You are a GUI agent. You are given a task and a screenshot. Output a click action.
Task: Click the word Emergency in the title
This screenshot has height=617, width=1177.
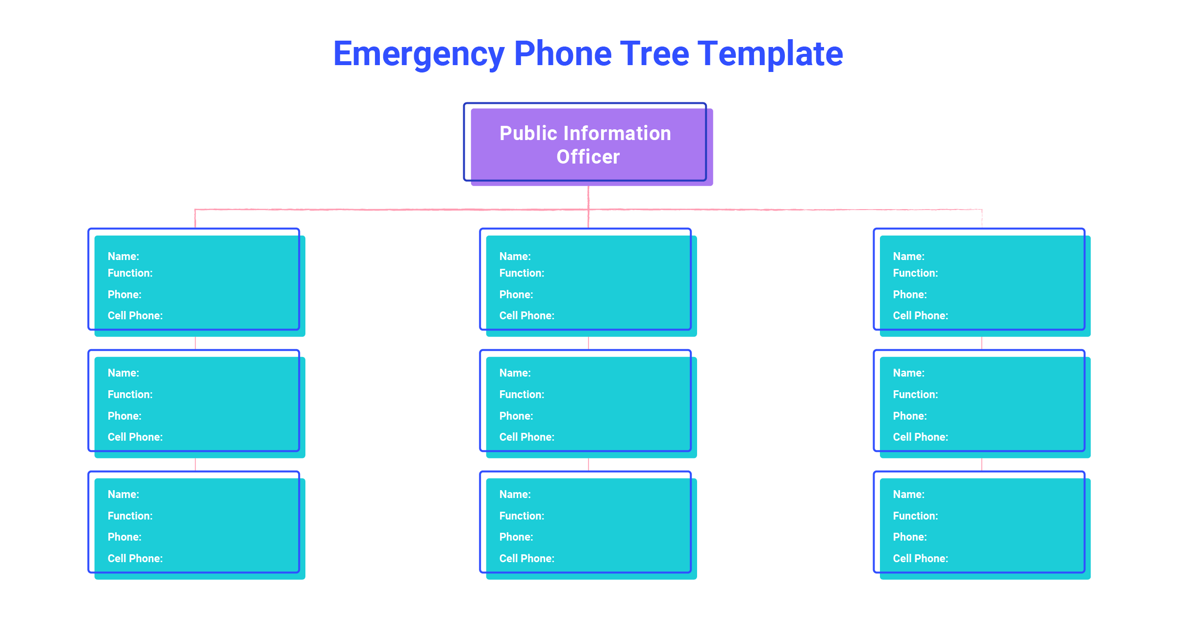click(419, 54)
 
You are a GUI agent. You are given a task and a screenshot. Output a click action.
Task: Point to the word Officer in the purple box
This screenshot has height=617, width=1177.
click(588, 157)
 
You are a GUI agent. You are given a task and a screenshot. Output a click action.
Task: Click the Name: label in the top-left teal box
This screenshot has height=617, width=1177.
click(124, 256)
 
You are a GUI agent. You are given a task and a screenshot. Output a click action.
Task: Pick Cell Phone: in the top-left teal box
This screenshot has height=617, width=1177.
click(135, 315)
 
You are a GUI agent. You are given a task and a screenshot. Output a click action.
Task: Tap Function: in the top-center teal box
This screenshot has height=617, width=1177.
click(522, 273)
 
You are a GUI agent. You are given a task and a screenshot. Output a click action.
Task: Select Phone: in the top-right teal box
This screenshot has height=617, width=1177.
click(910, 294)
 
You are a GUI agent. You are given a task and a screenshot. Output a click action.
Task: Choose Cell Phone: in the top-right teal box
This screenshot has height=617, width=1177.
click(921, 315)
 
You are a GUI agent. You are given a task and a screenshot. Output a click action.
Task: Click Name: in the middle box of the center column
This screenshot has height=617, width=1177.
click(515, 373)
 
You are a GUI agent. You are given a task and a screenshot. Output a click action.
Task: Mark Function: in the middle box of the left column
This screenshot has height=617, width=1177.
click(130, 394)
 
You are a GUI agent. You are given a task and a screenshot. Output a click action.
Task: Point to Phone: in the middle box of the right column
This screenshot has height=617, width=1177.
click(910, 416)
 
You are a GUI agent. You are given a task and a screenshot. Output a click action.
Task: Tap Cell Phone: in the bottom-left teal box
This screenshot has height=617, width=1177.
click(135, 558)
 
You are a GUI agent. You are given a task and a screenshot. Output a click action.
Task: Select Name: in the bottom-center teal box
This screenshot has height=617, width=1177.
click(515, 494)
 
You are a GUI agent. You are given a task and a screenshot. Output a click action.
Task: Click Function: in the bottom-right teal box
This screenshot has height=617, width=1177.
click(915, 516)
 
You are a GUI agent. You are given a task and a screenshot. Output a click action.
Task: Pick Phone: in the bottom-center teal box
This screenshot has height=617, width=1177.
click(516, 537)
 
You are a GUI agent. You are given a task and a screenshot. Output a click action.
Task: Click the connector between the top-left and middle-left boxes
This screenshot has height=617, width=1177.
click(196, 343)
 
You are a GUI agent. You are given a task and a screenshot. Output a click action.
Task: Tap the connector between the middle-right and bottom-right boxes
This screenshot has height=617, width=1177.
click(981, 464)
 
